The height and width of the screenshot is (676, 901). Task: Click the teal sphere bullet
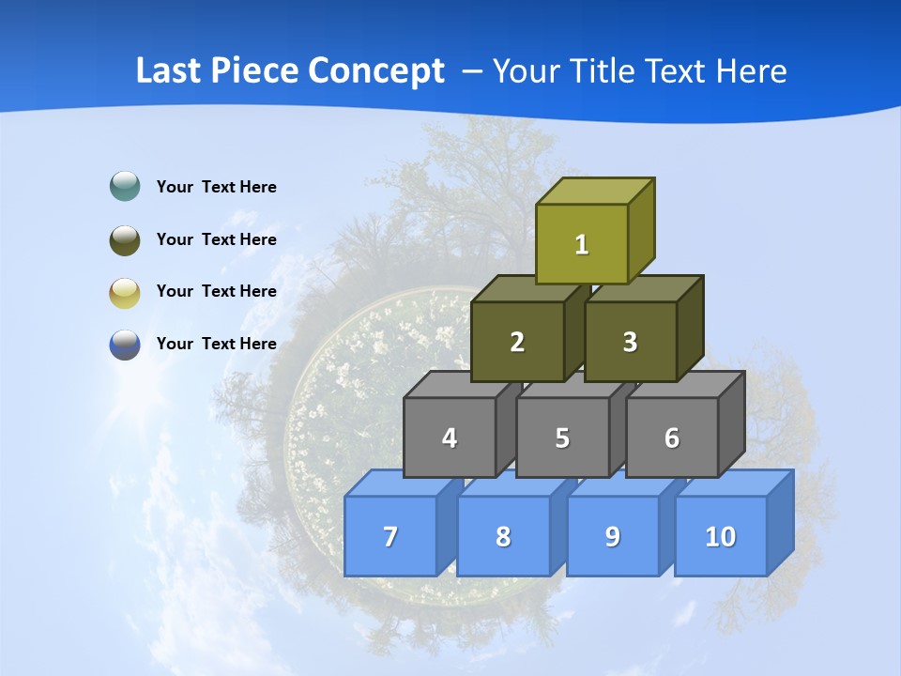click(x=125, y=187)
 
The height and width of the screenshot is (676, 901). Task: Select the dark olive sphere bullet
click(x=125, y=239)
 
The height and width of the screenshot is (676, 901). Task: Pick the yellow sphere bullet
click(x=125, y=292)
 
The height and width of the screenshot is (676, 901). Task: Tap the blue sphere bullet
click(x=125, y=345)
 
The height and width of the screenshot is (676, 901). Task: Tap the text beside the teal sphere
click(x=217, y=187)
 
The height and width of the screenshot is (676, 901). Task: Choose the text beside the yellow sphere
click(x=217, y=291)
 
